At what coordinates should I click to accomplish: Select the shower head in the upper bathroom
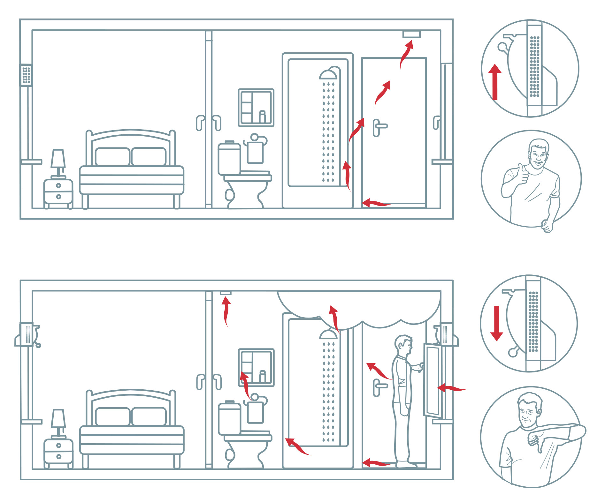pyautogui.click(x=328, y=74)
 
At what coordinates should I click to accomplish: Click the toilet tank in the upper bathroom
pyautogui.click(x=229, y=158)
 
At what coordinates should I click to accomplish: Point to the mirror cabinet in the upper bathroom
pyautogui.click(x=256, y=108)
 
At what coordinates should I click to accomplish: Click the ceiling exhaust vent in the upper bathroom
pyautogui.click(x=411, y=34)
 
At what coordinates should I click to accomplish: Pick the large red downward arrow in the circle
pyautogui.click(x=496, y=323)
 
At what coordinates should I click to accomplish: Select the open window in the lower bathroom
pyautogui.click(x=433, y=380)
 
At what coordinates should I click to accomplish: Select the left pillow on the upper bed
pyautogui.click(x=112, y=156)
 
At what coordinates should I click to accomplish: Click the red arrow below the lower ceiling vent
pyautogui.click(x=226, y=311)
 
